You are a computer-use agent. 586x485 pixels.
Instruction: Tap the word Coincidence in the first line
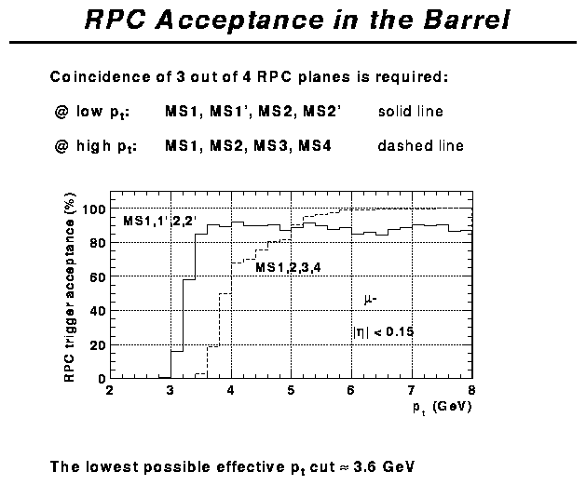click(x=96, y=76)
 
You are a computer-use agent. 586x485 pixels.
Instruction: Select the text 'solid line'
click(x=410, y=112)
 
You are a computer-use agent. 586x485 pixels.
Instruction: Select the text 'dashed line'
click(x=420, y=146)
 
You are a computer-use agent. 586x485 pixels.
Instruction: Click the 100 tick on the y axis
click(x=92, y=209)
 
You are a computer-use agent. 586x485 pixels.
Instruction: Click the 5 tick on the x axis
click(x=291, y=389)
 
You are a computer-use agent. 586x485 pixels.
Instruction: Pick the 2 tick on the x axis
click(x=110, y=389)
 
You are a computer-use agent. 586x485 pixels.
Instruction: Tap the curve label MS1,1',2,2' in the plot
click(x=160, y=222)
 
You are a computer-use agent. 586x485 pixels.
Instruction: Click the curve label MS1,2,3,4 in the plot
click(x=289, y=268)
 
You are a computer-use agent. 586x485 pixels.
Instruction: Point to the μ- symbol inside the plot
click(x=370, y=299)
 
